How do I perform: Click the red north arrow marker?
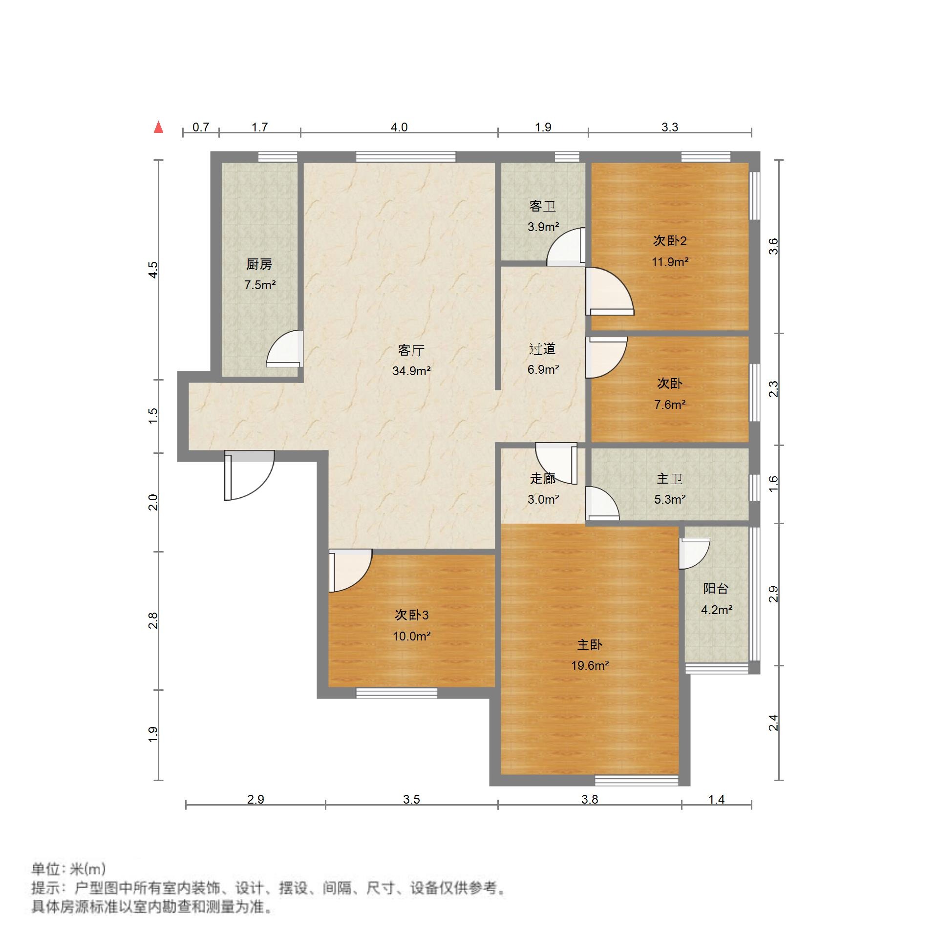(x=158, y=128)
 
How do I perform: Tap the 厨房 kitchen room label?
(x=259, y=264)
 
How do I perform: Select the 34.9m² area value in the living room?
(x=411, y=371)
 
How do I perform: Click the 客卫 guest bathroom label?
(x=543, y=206)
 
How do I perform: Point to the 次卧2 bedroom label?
(x=670, y=240)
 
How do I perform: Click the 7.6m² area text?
(x=670, y=405)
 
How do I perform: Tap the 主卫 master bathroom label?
(x=669, y=478)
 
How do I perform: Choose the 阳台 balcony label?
(x=716, y=588)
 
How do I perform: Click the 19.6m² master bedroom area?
(x=590, y=665)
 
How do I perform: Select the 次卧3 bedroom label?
(x=411, y=615)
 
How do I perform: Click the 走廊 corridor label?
(x=543, y=478)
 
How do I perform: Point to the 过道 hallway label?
(x=542, y=349)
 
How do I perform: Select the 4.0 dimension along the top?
(x=399, y=127)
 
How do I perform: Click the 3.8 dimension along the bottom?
(x=590, y=799)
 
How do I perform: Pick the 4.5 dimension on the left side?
(x=153, y=270)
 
